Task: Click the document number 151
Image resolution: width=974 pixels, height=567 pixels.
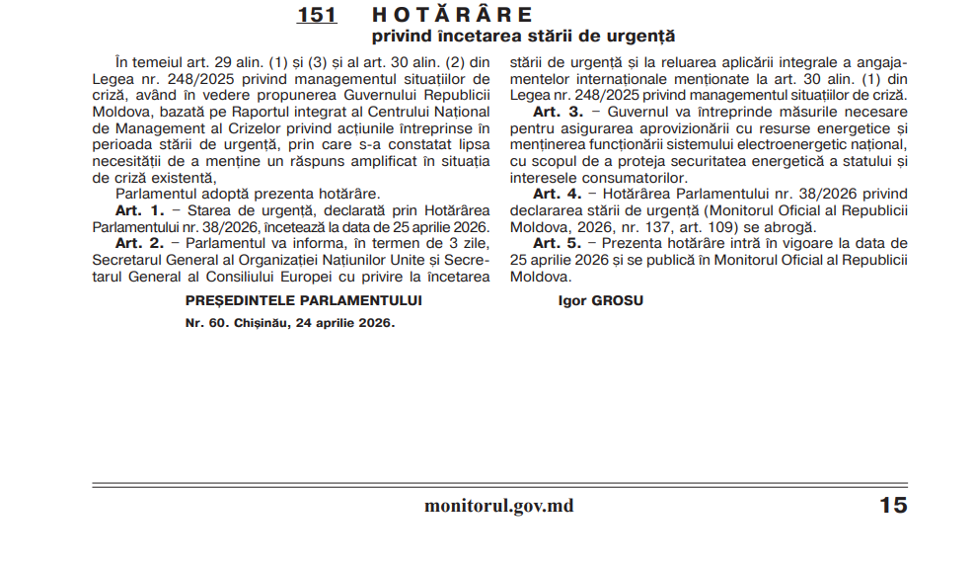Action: pos(317,15)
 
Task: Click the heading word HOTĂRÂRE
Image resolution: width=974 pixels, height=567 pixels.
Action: pos(453,15)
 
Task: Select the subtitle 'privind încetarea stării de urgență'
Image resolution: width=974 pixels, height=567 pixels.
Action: pos(523,37)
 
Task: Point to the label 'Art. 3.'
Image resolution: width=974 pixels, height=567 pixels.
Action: pos(559,113)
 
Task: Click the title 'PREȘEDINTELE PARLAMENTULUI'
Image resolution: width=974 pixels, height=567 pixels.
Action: pos(304,300)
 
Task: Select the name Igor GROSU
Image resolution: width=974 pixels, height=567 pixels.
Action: pos(600,300)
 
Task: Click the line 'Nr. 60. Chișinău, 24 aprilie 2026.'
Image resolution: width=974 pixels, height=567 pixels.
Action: pos(290,323)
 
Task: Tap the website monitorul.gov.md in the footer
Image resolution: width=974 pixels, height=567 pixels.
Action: pos(498,506)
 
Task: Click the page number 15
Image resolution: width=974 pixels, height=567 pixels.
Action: pos(892,506)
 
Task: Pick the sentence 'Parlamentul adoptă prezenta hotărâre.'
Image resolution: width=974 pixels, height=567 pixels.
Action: pos(248,195)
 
